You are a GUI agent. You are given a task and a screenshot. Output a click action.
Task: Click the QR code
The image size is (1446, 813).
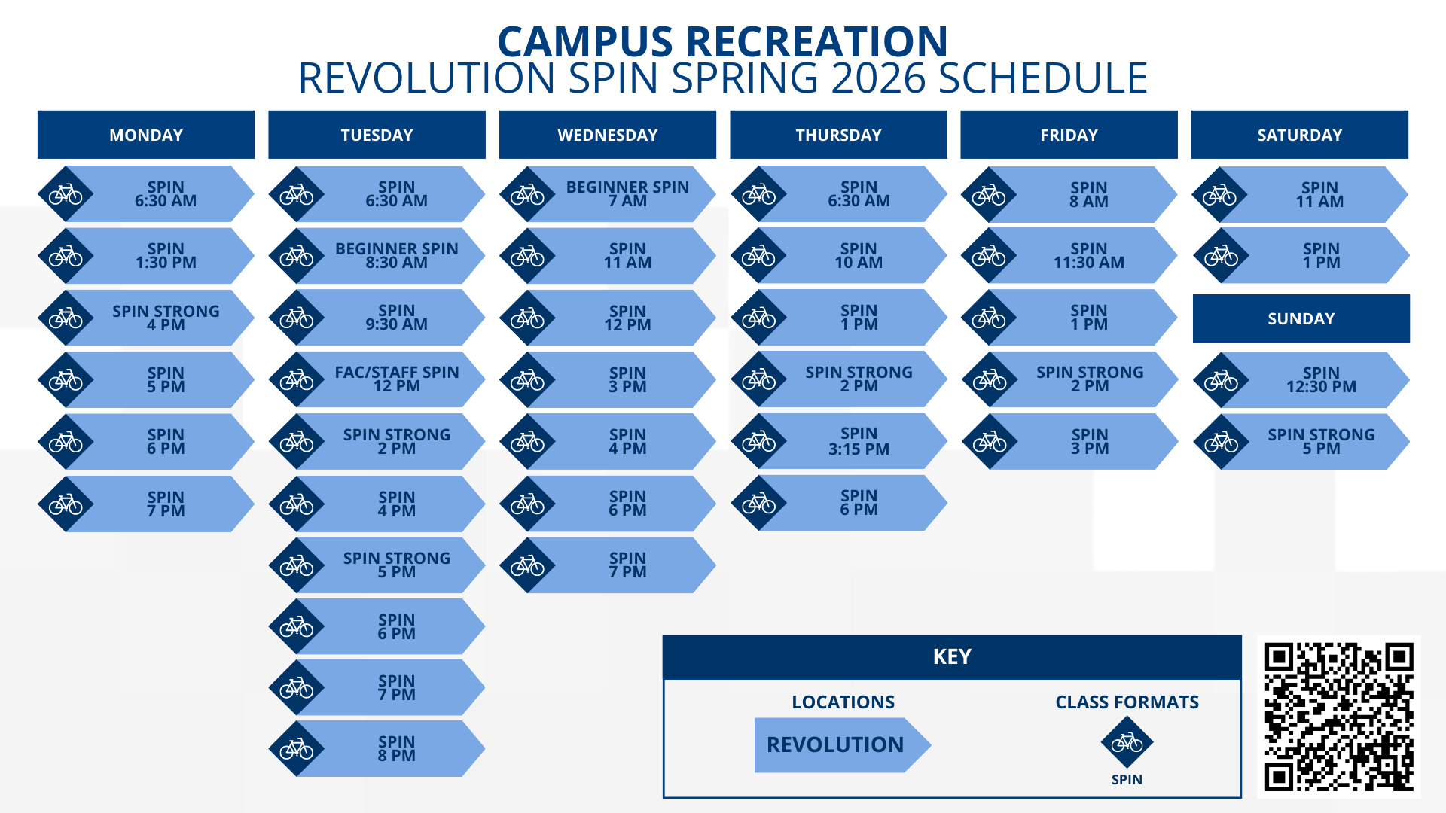click(1338, 717)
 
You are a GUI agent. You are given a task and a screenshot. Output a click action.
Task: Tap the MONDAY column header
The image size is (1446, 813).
click(146, 135)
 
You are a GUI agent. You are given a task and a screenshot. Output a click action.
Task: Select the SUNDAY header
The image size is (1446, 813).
click(1301, 318)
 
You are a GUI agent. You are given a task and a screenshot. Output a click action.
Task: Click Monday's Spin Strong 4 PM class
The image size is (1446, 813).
click(166, 318)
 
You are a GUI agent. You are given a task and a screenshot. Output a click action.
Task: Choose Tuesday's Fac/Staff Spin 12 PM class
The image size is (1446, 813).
click(396, 379)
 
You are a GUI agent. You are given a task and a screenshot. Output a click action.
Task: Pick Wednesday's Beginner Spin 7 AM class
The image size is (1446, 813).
click(627, 194)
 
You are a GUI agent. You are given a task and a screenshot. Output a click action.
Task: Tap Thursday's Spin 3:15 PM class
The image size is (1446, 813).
click(859, 441)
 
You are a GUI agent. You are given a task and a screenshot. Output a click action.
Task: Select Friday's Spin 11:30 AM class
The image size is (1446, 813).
click(1088, 256)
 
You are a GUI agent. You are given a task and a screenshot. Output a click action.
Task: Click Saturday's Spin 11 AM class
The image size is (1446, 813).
click(1319, 194)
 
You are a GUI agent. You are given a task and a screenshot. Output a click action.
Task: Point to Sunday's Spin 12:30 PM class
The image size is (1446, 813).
click(1320, 379)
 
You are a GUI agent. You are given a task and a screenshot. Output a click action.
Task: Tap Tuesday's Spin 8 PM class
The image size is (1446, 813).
click(396, 748)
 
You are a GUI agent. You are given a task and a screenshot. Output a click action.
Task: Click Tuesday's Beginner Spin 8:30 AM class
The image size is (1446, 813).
click(396, 256)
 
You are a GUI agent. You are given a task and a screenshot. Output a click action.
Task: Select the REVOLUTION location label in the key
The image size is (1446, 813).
click(836, 744)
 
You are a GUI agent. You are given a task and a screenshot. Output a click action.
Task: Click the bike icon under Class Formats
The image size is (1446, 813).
click(1127, 743)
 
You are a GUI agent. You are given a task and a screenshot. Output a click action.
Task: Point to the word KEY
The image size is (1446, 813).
click(952, 656)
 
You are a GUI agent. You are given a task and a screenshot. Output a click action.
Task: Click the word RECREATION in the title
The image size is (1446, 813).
click(816, 42)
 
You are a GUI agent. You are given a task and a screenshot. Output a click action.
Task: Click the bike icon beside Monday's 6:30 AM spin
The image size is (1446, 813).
click(66, 194)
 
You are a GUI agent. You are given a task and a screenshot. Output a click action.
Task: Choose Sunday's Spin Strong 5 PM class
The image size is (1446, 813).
click(1320, 441)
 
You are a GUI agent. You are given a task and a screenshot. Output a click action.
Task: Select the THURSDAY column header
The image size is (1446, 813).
click(838, 135)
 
